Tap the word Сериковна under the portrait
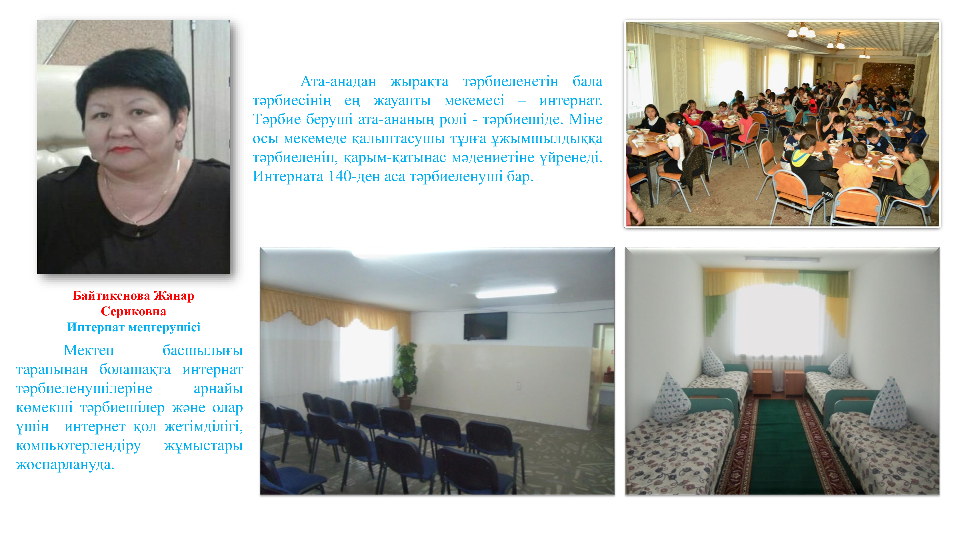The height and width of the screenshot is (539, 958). [134, 311]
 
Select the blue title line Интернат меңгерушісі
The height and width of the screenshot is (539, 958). [134, 327]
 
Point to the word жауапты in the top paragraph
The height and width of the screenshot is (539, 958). [402, 101]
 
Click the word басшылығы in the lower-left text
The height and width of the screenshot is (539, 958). [203, 350]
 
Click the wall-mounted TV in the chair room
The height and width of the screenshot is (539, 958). [485, 326]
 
